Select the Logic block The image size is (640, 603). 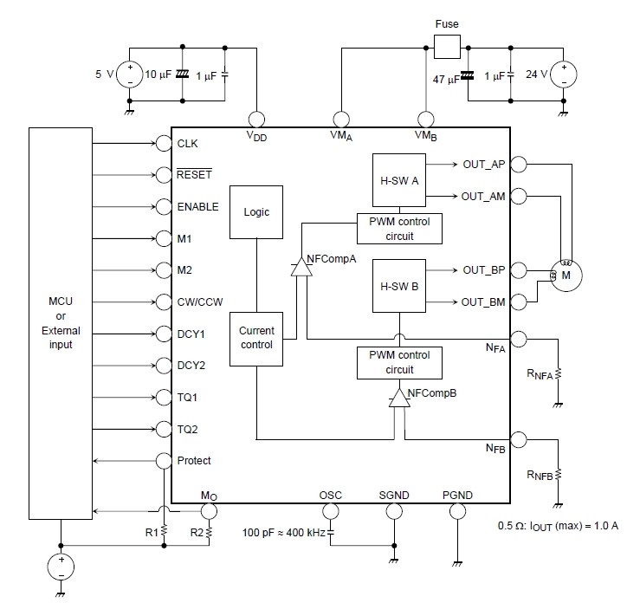[257, 211]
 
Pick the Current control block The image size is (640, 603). [257, 338]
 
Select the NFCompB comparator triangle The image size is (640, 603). [398, 397]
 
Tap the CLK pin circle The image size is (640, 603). [164, 143]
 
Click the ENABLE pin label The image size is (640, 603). [197, 207]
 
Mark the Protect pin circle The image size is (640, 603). [164, 461]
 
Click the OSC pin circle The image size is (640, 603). [331, 511]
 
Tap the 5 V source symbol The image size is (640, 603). [130, 74]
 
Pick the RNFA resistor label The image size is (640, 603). [540, 374]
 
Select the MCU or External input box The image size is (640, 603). [60, 321]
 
